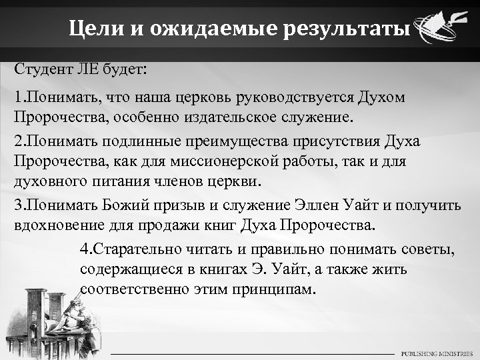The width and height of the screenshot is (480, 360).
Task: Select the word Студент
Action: [39, 70]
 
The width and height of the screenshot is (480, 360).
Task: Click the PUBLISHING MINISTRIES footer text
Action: [435, 353]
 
